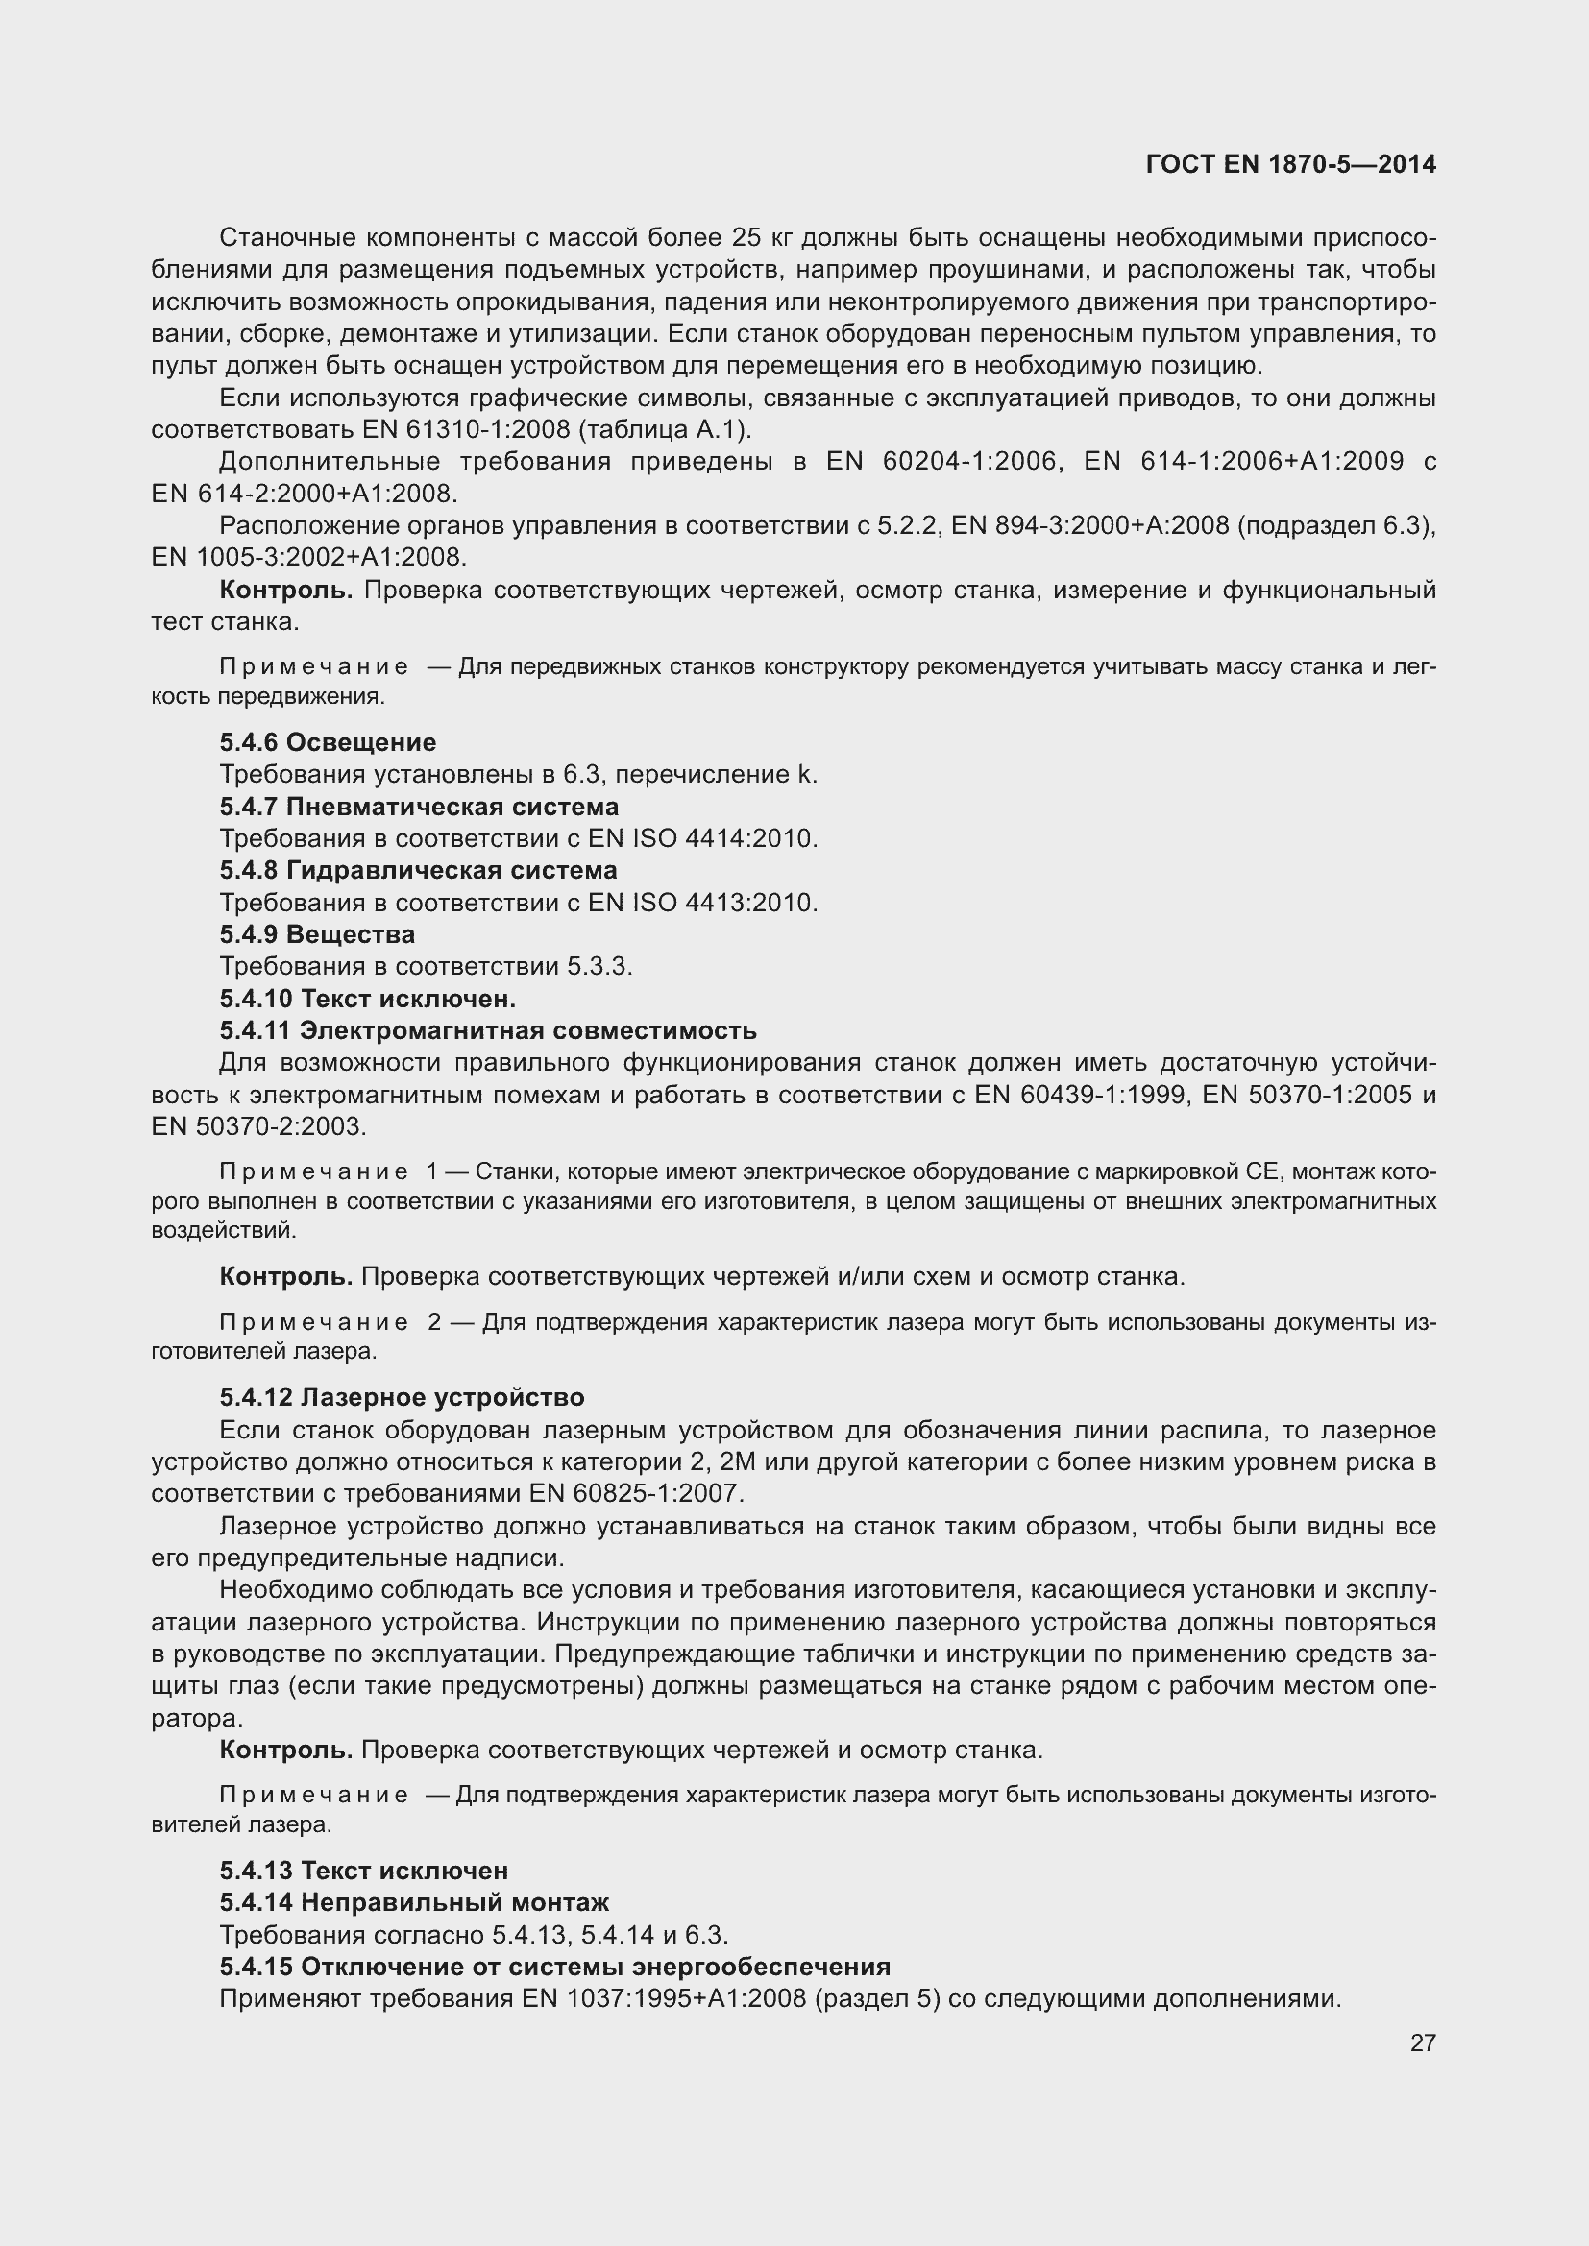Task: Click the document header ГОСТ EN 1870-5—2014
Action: [x=1289, y=164]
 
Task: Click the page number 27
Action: [x=1423, y=2042]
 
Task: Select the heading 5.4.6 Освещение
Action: [x=328, y=742]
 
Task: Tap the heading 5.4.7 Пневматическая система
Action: [x=419, y=807]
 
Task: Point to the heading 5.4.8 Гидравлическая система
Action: [x=418, y=870]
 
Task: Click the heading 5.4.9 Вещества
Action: [x=317, y=934]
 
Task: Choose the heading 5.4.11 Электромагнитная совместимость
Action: [x=487, y=1030]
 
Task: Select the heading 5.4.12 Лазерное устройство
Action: [x=403, y=1397]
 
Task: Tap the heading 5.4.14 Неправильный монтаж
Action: [x=414, y=1902]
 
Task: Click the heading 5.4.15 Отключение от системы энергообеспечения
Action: [x=554, y=1967]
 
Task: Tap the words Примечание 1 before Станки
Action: [x=329, y=1171]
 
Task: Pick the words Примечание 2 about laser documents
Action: [x=329, y=1322]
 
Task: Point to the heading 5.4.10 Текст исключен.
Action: [x=368, y=999]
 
